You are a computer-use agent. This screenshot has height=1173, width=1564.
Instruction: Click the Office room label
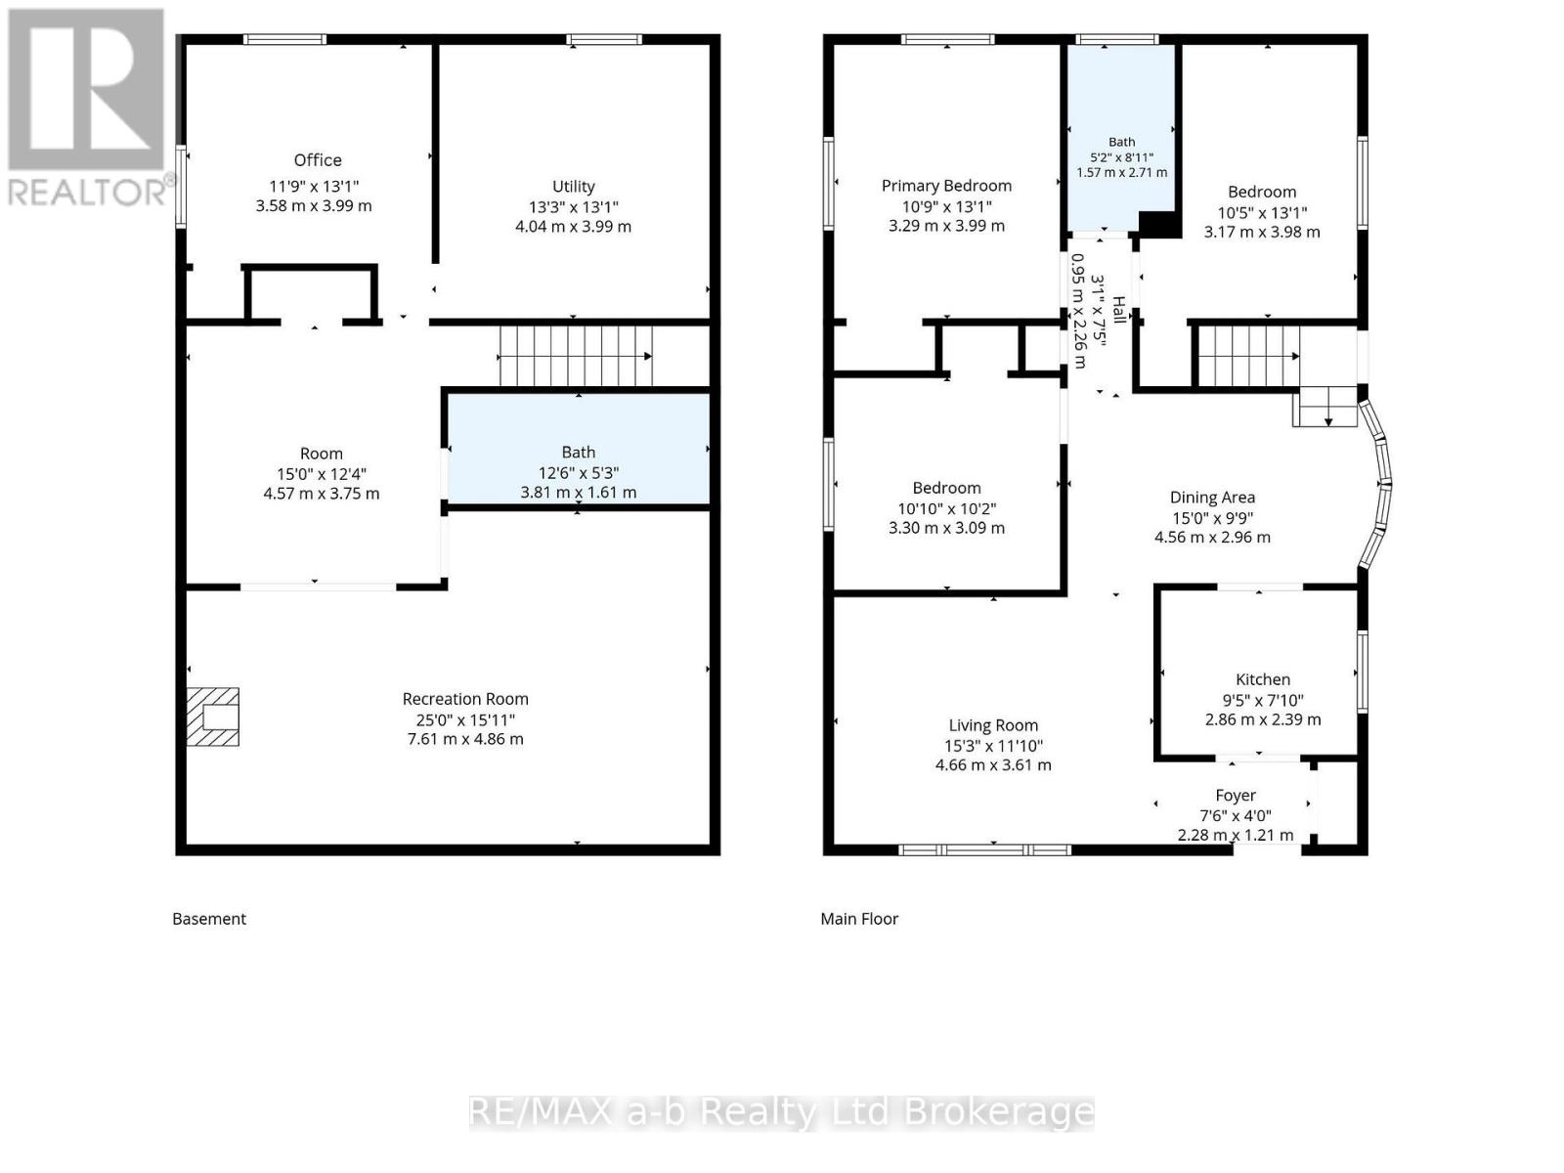[317, 160]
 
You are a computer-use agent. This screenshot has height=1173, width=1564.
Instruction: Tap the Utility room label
[573, 187]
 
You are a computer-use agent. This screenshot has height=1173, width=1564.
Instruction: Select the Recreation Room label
[465, 699]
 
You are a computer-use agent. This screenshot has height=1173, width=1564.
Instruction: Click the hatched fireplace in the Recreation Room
[212, 717]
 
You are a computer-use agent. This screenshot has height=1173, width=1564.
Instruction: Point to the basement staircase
[576, 356]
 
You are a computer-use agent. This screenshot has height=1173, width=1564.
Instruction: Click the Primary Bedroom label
[946, 186]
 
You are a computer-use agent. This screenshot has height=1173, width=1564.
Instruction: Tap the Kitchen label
[1263, 679]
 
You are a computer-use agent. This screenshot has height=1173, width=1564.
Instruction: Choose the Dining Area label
[1212, 498]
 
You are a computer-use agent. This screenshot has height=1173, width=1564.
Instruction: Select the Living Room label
[992, 725]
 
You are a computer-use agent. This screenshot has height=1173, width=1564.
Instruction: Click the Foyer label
[1235, 796]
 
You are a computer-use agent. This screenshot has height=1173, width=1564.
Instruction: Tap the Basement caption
[209, 919]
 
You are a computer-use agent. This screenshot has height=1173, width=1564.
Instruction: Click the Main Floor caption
[859, 919]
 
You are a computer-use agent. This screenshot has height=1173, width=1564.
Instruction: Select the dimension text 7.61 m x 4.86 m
[465, 739]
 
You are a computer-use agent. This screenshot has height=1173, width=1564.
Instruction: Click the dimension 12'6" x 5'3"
[578, 473]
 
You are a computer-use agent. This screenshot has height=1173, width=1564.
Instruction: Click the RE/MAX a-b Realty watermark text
[781, 1112]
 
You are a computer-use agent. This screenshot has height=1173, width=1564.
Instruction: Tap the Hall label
[1119, 310]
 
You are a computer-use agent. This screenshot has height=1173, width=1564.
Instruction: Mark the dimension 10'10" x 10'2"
[946, 508]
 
